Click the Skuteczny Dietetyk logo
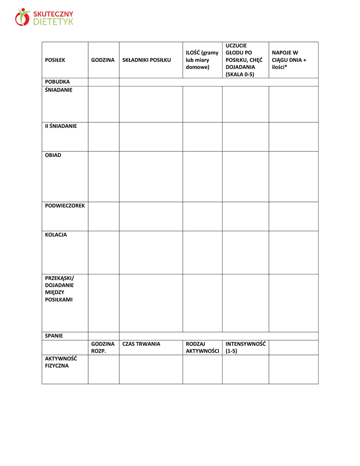point(44,17)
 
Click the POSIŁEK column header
point(55,60)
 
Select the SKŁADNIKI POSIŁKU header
point(147,60)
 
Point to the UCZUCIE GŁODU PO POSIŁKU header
point(242,60)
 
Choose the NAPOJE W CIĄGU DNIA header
point(289,60)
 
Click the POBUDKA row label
point(57,82)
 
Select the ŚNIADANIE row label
point(59,90)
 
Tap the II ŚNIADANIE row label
point(61,126)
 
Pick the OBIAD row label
point(53,155)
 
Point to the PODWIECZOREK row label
point(65,206)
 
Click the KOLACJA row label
point(56,235)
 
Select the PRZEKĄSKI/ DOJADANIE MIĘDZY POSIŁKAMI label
point(59,289)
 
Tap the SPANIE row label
point(54,336)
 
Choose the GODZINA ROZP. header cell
point(102,348)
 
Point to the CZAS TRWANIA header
point(141,344)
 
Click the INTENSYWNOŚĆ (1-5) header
point(245,348)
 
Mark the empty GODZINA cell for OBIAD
point(103,177)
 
